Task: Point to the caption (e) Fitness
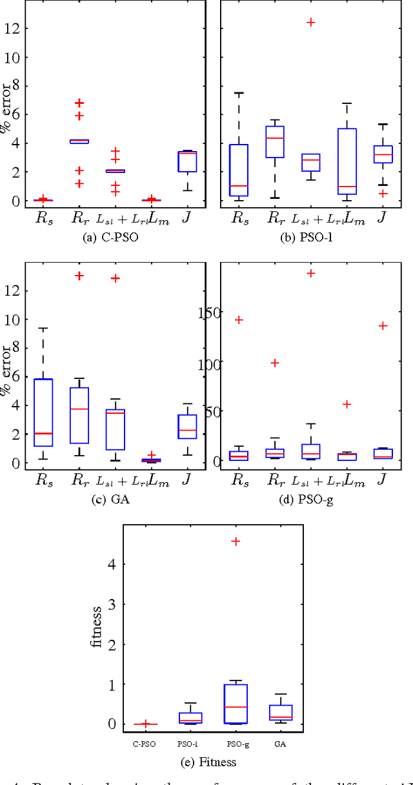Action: click(209, 762)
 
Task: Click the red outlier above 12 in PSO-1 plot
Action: click(310, 22)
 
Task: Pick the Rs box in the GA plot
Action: click(44, 413)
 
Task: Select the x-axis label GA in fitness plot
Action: click(280, 744)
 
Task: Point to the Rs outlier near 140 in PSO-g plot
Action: click(239, 320)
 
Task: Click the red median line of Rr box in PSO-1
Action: click(274, 138)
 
